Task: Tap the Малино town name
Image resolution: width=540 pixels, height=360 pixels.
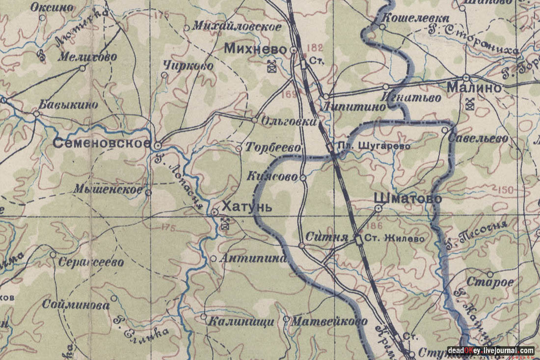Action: click(474, 88)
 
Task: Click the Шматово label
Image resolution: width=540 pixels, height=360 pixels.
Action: click(407, 198)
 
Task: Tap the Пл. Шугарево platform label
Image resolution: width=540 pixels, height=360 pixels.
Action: click(374, 146)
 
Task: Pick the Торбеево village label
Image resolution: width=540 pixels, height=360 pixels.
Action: click(272, 147)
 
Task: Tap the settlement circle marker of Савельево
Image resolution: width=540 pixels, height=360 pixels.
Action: click(445, 130)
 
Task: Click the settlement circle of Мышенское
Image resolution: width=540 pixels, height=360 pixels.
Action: click(148, 193)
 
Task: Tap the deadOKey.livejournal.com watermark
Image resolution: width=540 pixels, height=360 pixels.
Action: click(490, 351)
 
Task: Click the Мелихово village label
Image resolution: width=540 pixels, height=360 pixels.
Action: click(87, 57)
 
